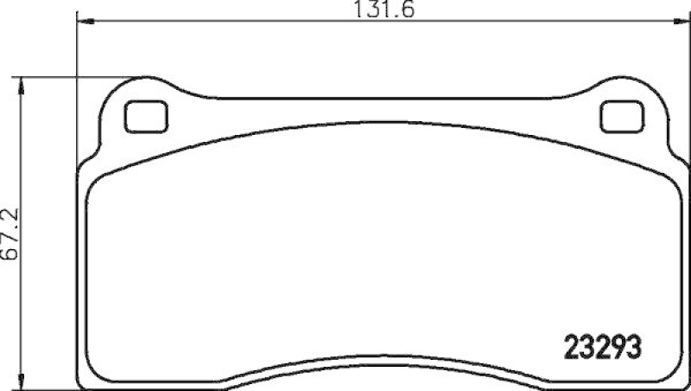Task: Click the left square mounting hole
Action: (x=146, y=117)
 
